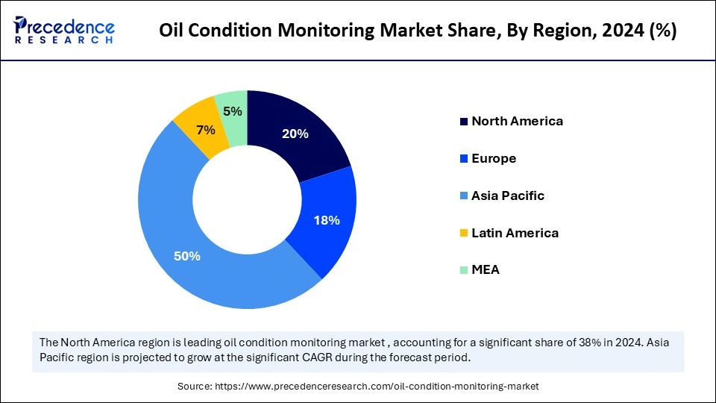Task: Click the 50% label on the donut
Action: click(x=187, y=256)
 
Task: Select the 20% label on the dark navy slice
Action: click(x=295, y=134)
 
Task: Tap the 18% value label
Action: click(x=327, y=220)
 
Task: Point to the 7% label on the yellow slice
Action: click(x=205, y=130)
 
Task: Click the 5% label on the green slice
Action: click(x=233, y=111)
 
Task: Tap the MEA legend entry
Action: click(x=486, y=270)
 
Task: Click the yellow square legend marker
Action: click(x=464, y=234)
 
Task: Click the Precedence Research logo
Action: click(x=64, y=31)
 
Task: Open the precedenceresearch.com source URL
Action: click(x=376, y=386)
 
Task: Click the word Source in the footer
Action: click(x=194, y=386)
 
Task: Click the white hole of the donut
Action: click(x=247, y=199)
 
